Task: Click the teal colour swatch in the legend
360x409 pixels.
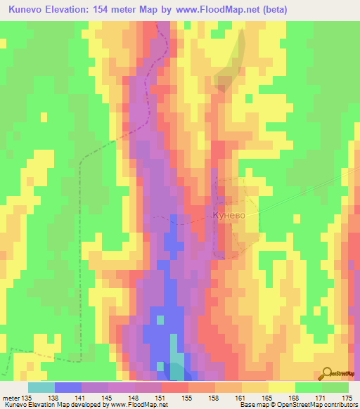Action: click(x=41, y=387)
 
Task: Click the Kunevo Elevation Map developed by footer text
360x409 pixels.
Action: click(x=60, y=405)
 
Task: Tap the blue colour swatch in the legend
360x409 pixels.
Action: click(x=67, y=387)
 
